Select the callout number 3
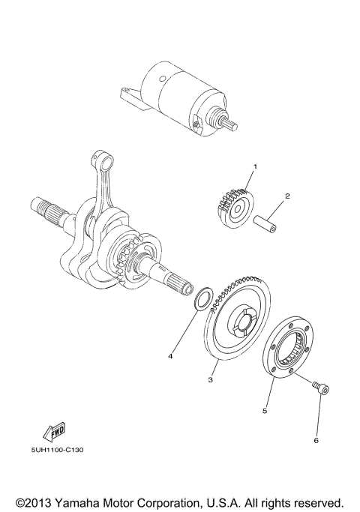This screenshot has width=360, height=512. pyautogui.click(x=211, y=381)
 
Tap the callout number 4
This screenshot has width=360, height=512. pyautogui.click(x=170, y=355)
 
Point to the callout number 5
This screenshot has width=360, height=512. pyautogui.click(x=264, y=411)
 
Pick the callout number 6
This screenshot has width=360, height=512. pyautogui.click(x=316, y=440)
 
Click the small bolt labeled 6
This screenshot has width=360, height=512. pyautogui.click(x=320, y=388)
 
